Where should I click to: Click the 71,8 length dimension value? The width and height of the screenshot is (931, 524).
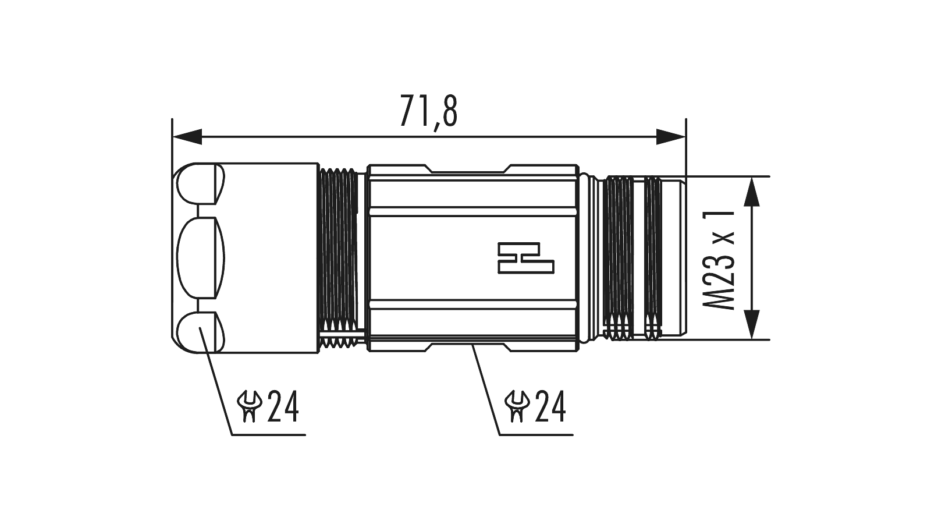(428, 111)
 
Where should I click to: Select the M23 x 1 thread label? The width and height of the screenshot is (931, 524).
(719, 260)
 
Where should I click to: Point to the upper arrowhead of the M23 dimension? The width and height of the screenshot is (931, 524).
(753, 192)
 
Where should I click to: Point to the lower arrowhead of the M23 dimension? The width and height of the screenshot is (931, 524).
(753, 324)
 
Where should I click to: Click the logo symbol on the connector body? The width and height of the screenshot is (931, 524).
(526, 258)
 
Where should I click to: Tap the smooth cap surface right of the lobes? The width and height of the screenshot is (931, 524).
(271, 258)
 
